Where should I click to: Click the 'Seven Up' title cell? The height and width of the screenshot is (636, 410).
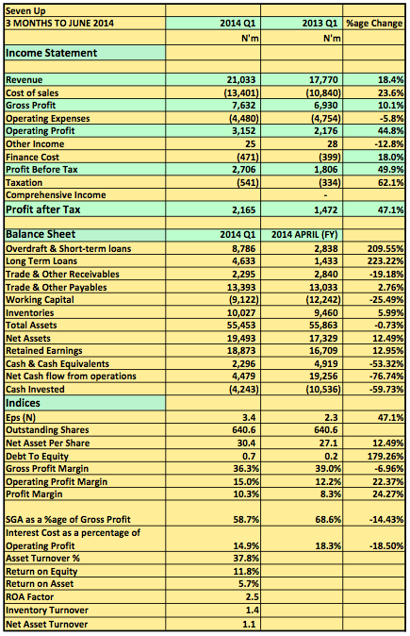pyautogui.click(x=25, y=11)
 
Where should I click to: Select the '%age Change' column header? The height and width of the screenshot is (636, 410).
pyautogui.click(x=374, y=24)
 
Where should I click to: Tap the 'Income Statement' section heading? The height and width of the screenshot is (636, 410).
pyautogui.click(x=51, y=53)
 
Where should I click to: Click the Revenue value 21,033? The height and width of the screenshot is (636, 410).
pyautogui.click(x=241, y=80)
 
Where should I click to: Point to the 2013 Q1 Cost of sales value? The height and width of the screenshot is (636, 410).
pyautogui.click(x=323, y=92)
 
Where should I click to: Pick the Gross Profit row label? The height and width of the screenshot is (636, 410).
pyautogui.click(x=31, y=106)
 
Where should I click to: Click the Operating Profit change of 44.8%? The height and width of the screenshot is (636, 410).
pyautogui.click(x=390, y=131)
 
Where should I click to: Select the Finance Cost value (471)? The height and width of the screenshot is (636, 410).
pyautogui.click(x=247, y=157)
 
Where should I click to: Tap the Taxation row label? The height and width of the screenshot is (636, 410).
pyautogui.click(x=24, y=182)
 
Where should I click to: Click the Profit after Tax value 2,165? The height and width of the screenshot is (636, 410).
pyautogui.click(x=244, y=210)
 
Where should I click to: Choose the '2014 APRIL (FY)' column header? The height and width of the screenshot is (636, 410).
pyautogui.click(x=304, y=235)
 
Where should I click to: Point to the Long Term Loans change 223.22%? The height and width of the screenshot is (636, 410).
pyautogui.click(x=385, y=261)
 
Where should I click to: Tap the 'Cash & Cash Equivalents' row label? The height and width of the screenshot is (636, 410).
pyautogui.click(x=57, y=364)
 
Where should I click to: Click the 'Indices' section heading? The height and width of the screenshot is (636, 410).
pyautogui.click(x=23, y=403)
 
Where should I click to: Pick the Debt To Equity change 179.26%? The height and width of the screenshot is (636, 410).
pyautogui.click(x=385, y=457)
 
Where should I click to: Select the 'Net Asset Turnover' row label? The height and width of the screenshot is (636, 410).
pyautogui.click(x=46, y=625)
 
